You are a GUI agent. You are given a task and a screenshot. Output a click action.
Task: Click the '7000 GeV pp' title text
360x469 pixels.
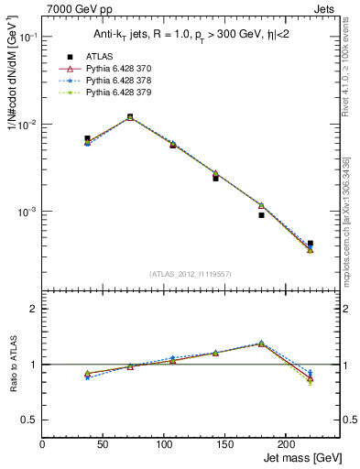[x=74, y=8]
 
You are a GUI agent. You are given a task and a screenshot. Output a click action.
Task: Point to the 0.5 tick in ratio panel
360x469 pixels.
[x=30, y=420]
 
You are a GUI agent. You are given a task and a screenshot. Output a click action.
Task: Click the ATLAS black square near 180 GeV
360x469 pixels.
[x=261, y=215]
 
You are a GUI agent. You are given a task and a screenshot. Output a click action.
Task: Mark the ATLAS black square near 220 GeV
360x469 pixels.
[x=310, y=244]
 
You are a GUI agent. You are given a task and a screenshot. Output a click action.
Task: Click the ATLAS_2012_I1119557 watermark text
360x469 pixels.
[x=190, y=274]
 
